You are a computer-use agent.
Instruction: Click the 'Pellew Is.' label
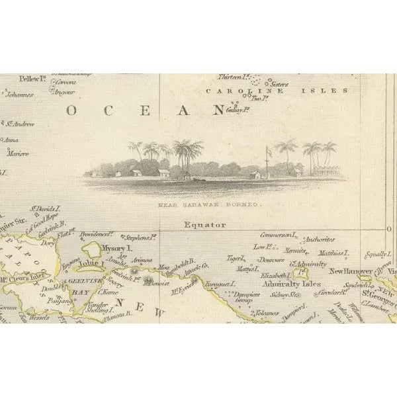click(31, 79)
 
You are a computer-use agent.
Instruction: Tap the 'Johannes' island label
click(21, 95)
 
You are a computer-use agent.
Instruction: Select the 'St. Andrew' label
click(20, 123)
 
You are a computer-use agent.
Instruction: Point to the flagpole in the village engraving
click(267, 161)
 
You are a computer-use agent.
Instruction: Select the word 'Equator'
click(206, 225)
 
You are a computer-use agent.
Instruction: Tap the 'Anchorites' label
click(316, 240)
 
